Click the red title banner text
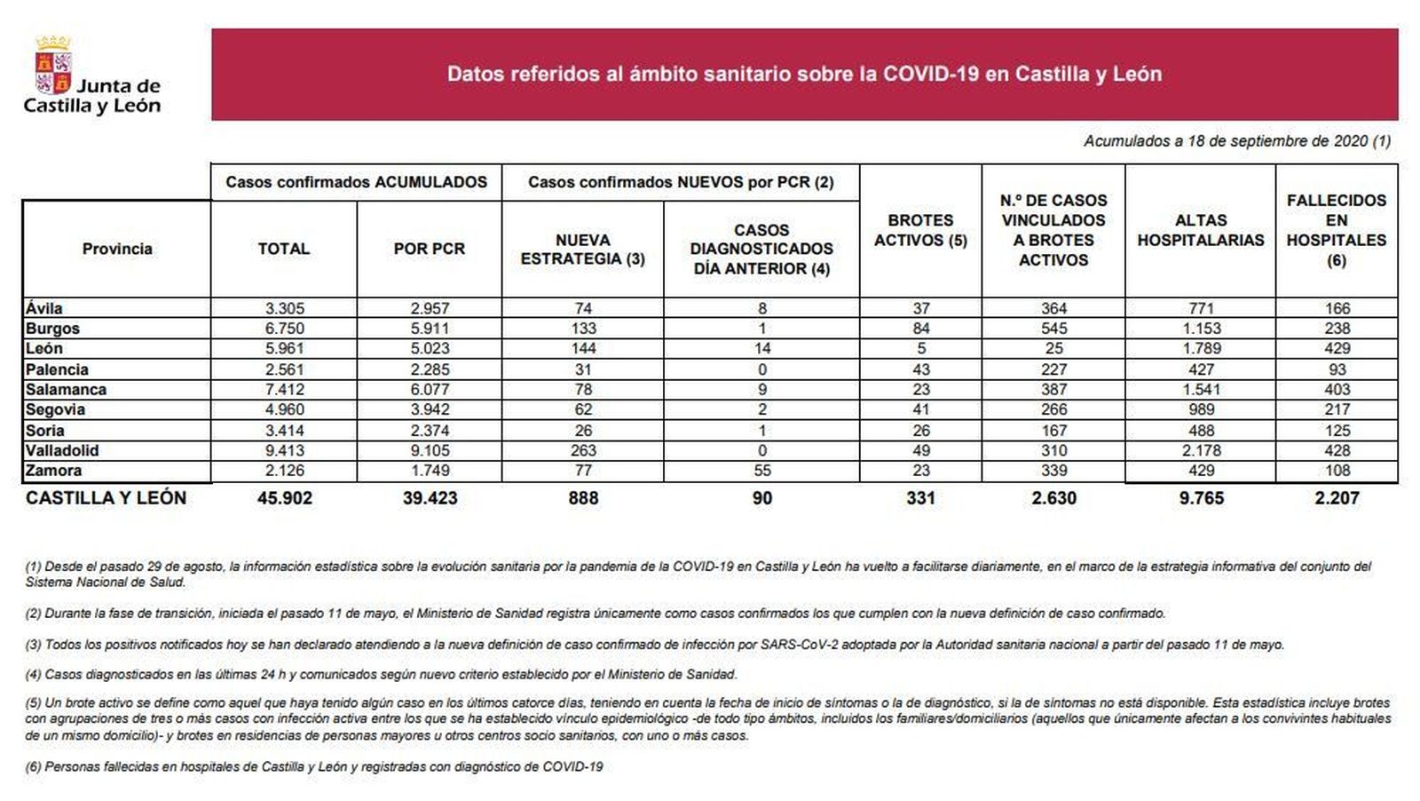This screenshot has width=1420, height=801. pos(804,74)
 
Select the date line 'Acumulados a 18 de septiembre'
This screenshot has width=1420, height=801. pos(1236,141)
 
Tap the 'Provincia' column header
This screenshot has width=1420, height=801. pos(117,249)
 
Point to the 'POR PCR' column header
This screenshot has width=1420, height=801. pos(430,249)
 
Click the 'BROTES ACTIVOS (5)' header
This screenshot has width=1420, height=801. pos(920,230)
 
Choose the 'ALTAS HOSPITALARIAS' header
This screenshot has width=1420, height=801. pos(1201,230)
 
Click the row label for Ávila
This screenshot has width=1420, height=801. pos(44,308)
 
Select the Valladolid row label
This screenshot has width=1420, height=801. pos(62,450)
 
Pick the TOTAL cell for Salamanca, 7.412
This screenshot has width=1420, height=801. pos(284,390)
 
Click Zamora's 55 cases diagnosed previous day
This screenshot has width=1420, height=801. pos(761,471)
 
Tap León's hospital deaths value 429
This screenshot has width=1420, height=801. pos(1337,349)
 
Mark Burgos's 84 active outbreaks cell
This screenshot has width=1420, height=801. pos(920,329)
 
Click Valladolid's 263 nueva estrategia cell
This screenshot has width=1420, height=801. pos(583,450)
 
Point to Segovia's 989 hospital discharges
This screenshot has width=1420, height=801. pos(1201,409)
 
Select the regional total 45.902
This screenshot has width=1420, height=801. pos(284,498)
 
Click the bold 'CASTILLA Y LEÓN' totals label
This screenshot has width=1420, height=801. pos(106,498)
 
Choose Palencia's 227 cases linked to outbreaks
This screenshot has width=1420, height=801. pos(1053,369)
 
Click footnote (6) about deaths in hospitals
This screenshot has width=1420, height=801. pos(314,766)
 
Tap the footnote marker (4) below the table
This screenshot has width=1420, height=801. pos(34,675)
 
